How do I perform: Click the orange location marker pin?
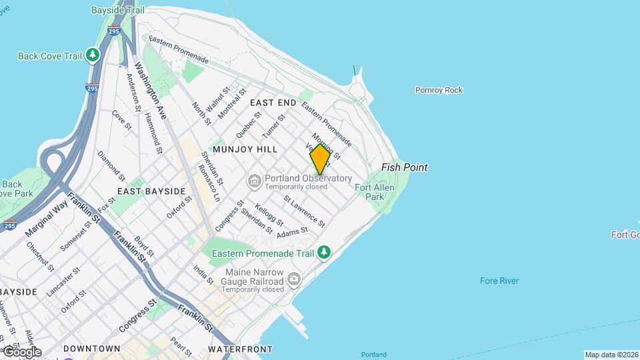click(x=320, y=159)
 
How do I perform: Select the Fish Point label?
click(x=404, y=167)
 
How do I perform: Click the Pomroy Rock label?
click(x=439, y=90)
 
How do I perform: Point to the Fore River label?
click(x=499, y=281)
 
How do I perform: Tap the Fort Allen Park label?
click(x=374, y=192)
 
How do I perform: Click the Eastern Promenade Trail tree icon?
click(x=324, y=252)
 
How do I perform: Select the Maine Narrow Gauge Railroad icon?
click(x=294, y=281)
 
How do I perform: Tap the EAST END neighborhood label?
click(x=273, y=103)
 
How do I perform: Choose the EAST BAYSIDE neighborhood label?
click(x=151, y=191)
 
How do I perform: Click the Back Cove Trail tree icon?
click(x=93, y=55)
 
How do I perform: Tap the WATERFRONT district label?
click(x=240, y=349)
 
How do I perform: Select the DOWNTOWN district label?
click(x=92, y=349)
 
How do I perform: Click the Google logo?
click(x=22, y=351)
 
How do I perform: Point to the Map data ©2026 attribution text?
click(x=611, y=355)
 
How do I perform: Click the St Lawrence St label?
click(x=304, y=211)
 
